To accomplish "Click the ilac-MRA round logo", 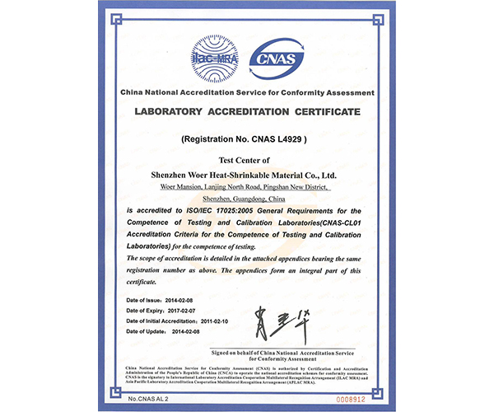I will [x=212, y=51].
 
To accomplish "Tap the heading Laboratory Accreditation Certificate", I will [x=247, y=111].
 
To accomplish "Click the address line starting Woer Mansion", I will [x=247, y=189].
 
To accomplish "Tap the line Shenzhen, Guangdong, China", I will [x=247, y=200].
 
